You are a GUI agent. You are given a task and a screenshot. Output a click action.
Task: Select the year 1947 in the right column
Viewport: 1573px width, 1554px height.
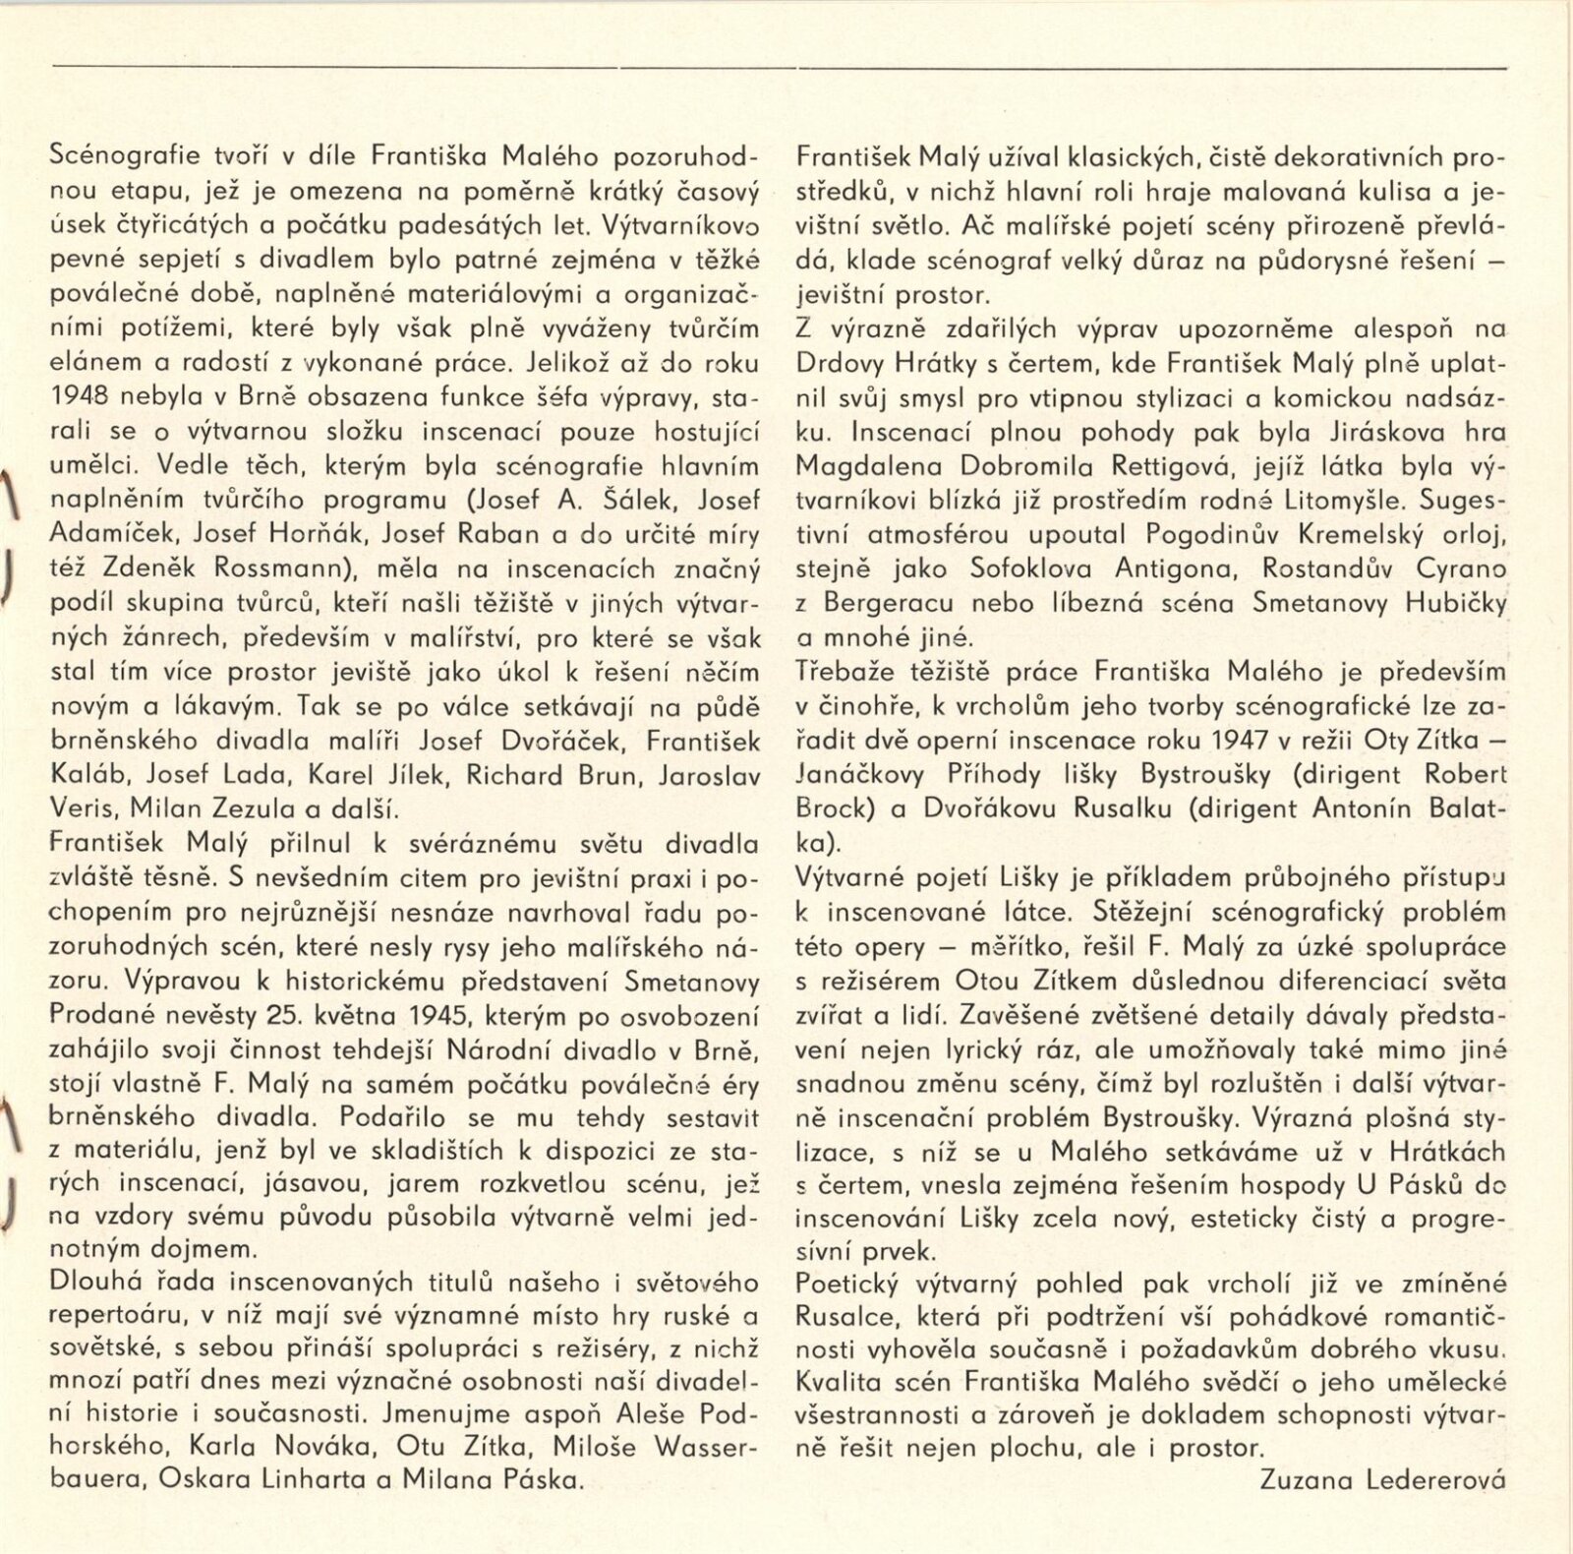point(1218,741)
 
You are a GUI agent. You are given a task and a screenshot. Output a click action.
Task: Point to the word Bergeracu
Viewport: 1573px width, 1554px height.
point(887,603)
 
